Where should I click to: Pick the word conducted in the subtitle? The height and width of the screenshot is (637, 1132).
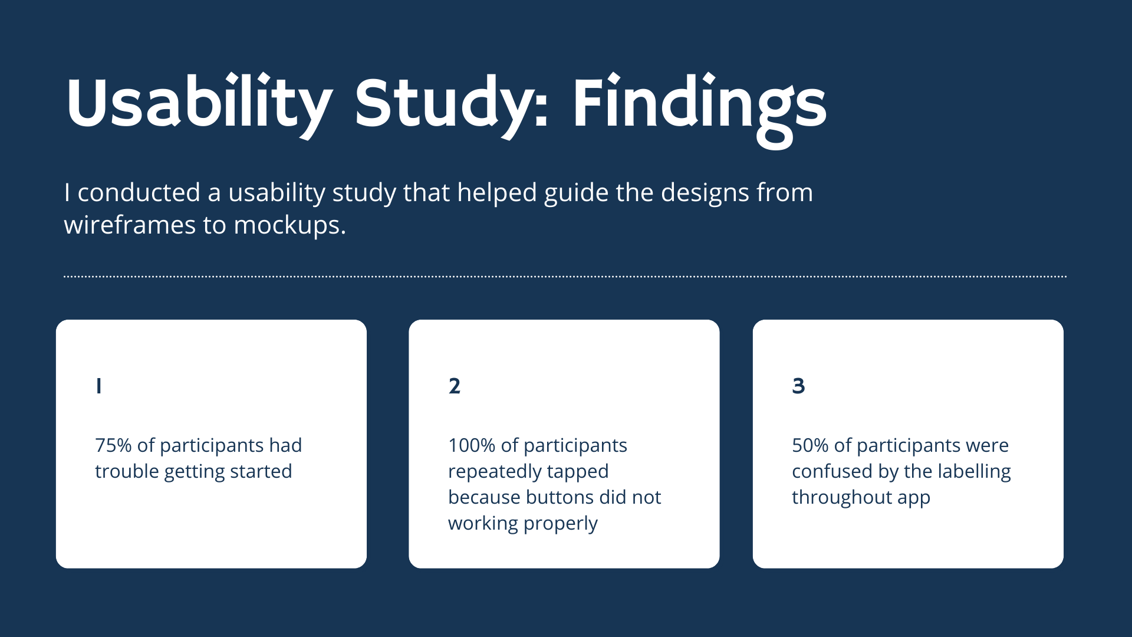click(139, 192)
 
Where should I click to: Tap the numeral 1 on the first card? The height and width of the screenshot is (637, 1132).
click(99, 386)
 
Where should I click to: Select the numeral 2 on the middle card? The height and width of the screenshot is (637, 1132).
click(454, 386)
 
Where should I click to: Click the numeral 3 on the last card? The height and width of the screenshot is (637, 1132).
click(798, 386)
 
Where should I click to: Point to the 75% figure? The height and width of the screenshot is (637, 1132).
click(113, 445)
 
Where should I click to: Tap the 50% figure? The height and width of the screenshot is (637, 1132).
click(810, 445)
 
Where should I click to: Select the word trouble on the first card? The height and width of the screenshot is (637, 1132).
click(127, 471)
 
